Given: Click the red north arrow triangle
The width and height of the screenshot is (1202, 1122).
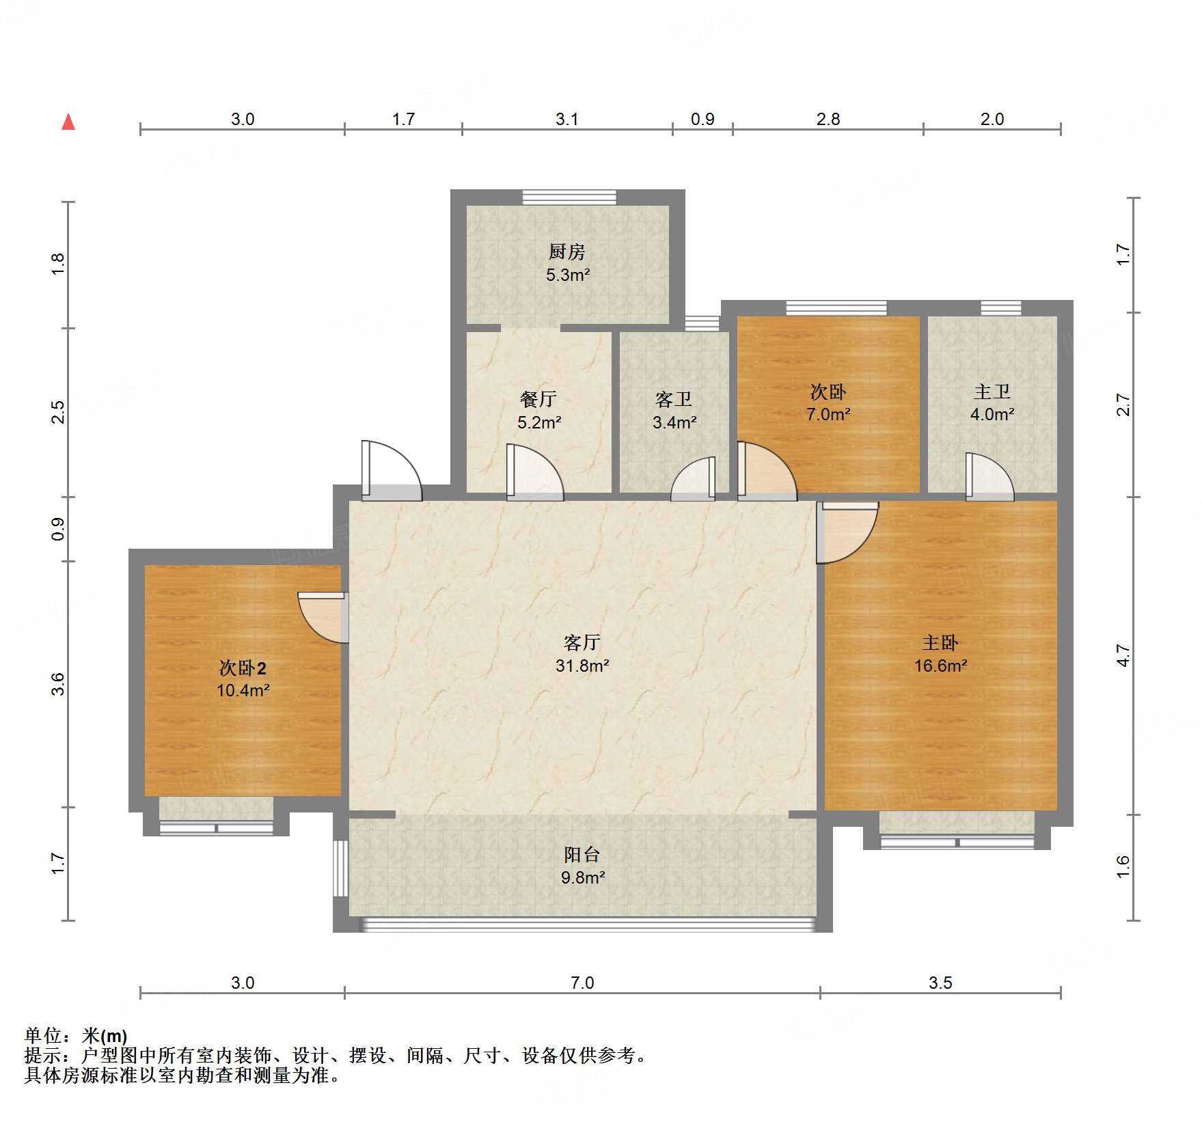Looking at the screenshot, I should tap(68, 122).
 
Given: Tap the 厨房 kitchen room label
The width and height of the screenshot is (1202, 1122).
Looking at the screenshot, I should tap(566, 252).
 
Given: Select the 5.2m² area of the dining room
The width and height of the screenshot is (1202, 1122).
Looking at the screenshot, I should tap(539, 422).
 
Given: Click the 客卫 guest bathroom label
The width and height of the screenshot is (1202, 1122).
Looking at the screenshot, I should tap(674, 399).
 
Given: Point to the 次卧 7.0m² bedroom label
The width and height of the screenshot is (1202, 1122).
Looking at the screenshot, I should tap(828, 392).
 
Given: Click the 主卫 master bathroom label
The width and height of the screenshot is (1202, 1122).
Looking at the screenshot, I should tap(992, 392).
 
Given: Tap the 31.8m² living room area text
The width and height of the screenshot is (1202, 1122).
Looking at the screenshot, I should tap(582, 666).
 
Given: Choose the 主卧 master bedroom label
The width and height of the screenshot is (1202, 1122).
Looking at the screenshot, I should tap(940, 642).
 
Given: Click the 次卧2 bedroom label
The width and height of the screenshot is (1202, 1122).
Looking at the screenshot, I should tap(243, 668).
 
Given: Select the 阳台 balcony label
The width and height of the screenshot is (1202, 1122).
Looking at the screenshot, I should tap(582, 854).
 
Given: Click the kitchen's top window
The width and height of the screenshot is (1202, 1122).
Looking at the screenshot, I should tap(569, 197).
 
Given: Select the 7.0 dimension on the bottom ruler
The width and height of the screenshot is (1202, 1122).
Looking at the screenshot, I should tap(582, 983).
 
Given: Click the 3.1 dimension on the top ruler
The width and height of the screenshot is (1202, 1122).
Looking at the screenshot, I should tap(566, 120).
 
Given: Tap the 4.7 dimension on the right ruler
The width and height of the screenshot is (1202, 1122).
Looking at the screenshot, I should tap(1123, 656).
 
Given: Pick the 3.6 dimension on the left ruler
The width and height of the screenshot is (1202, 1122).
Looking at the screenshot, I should tap(59, 684).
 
